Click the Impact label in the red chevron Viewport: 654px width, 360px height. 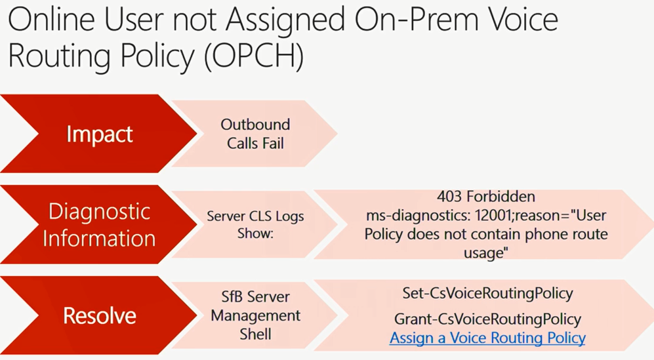(x=100, y=134)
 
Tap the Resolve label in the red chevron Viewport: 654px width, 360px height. (x=100, y=315)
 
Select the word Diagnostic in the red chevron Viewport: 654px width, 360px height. (x=99, y=212)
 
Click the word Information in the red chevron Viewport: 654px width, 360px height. (x=99, y=239)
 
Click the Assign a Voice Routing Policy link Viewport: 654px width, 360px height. (x=487, y=338)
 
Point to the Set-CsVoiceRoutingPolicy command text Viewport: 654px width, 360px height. (x=487, y=294)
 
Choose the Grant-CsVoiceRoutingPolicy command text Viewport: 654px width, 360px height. (x=487, y=319)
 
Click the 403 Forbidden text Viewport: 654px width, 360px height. (x=486, y=196)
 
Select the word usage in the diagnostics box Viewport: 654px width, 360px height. (x=486, y=253)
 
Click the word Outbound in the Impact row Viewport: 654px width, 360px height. (x=255, y=125)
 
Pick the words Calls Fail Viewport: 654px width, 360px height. (x=255, y=144)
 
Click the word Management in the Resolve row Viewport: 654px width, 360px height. (x=255, y=316)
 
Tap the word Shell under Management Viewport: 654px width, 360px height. (x=255, y=334)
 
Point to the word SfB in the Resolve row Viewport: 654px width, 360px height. (x=234, y=297)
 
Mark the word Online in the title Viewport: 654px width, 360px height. (x=52, y=20)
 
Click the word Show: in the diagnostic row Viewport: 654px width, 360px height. (x=255, y=233)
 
